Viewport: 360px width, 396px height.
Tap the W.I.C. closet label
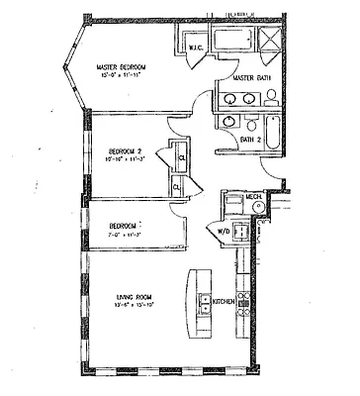pyautogui.click(x=196, y=49)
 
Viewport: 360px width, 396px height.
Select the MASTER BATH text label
pyautogui.click(x=252, y=77)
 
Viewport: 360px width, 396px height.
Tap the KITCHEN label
pyautogui.click(x=225, y=300)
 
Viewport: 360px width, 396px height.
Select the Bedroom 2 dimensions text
pyautogui.click(x=128, y=158)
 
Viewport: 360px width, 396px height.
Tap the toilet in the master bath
pyautogui.click(x=271, y=96)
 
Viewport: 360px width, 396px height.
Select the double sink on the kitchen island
pyautogui.click(x=205, y=304)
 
